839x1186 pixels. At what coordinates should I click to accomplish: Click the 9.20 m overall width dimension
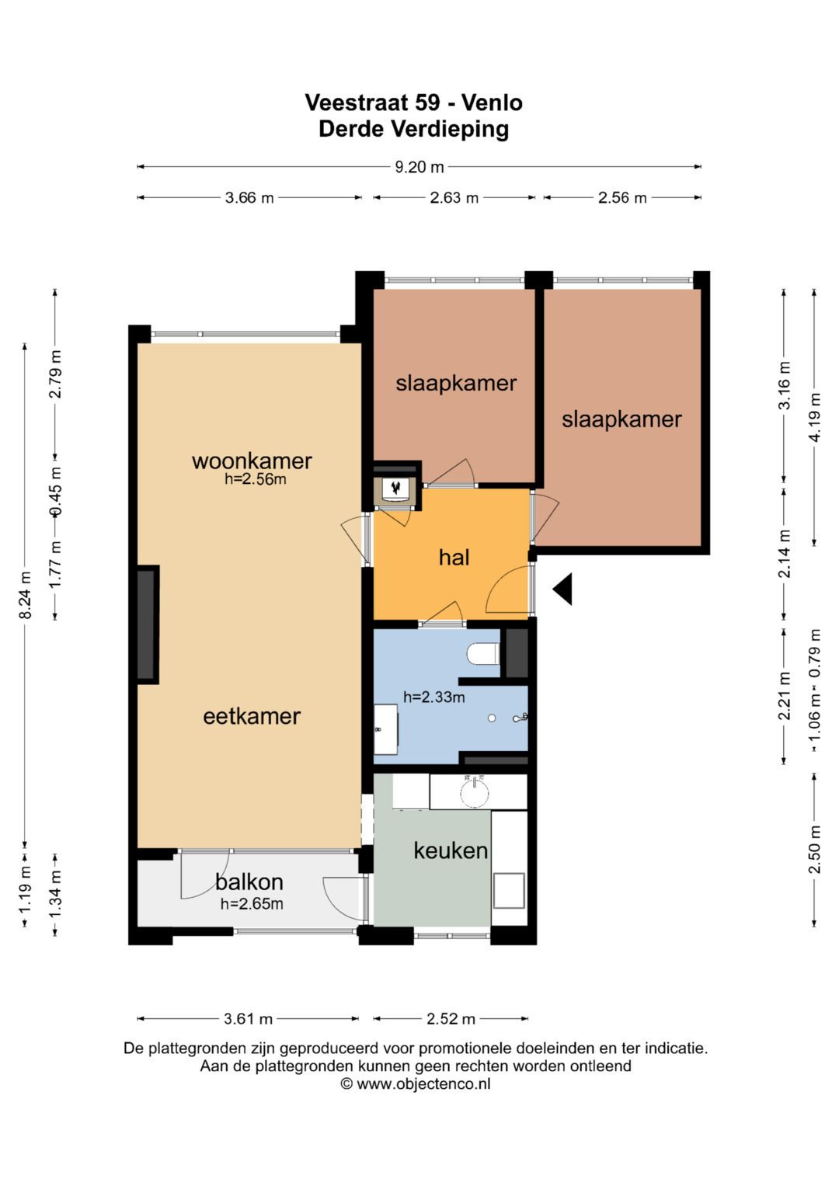(x=419, y=167)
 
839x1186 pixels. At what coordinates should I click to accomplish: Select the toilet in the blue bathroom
(x=482, y=653)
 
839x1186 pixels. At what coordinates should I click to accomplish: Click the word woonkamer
(x=252, y=461)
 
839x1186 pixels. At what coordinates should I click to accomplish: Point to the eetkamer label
(x=252, y=716)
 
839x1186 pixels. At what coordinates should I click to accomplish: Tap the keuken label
(x=451, y=850)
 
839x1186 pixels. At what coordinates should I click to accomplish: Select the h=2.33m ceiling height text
(x=433, y=697)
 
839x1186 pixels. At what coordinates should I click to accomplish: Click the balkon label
(x=249, y=882)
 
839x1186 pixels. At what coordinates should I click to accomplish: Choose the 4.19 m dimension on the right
(x=815, y=418)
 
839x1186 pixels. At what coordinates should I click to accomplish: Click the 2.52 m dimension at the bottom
(x=451, y=1019)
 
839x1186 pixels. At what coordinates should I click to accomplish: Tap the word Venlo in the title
(x=492, y=103)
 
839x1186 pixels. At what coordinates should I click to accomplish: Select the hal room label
(x=454, y=558)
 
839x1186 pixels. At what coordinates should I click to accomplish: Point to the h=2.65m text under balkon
(x=252, y=904)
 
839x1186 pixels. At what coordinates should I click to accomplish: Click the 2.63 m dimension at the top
(x=454, y=198)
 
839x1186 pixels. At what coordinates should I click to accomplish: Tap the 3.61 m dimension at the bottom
(x=248, y=1019)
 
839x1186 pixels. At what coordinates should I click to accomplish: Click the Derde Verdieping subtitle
(x=413, y=129)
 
